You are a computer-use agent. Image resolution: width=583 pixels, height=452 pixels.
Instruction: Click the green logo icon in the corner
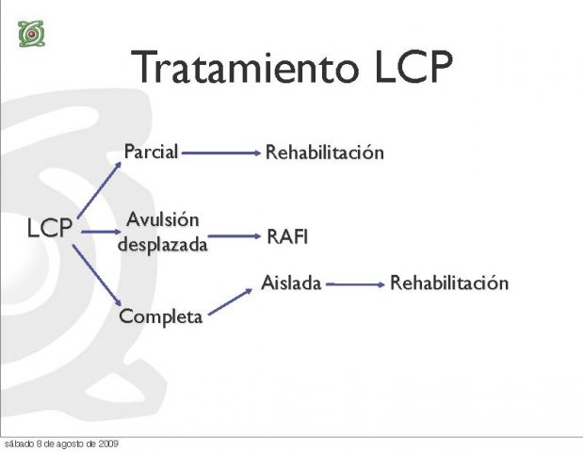click(32, 34)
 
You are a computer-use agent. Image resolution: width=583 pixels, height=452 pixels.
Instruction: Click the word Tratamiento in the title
click(245, 67)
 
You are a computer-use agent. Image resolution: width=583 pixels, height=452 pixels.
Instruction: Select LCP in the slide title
click(413, 67)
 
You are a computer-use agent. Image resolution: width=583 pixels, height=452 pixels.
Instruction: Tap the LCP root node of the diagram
click(50, 228)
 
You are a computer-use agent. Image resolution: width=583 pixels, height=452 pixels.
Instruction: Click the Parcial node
click(151, 152)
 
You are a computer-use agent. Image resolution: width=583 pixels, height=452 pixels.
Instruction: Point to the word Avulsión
click(163, 219)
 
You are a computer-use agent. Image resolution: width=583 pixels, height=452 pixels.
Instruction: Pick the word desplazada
click(163, 245)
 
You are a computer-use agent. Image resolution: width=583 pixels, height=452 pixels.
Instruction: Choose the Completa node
click(161, 316)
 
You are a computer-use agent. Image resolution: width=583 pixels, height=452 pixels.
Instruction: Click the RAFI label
click(287, 236)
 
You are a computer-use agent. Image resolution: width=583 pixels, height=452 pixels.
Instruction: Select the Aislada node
click(291, 282)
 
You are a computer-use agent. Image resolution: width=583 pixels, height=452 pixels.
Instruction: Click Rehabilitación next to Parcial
click(325, 153)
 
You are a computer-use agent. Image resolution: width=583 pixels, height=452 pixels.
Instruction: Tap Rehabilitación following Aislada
click(449, 282)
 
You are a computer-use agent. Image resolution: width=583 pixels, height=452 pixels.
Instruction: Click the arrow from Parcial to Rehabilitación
click(221, 153)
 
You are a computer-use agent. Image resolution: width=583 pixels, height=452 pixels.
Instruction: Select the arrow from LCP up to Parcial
click(99, 189)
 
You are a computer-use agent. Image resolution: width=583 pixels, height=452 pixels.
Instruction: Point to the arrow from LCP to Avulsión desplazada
click(101, 232)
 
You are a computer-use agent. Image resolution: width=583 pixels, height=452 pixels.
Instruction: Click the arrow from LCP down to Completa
click(97, 275)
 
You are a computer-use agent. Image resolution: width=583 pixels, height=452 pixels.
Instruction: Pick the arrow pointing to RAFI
click(235, 236)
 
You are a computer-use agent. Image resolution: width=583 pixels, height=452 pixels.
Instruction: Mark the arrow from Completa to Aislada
click(231, 301)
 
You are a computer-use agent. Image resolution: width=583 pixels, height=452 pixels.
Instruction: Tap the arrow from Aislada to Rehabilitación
click(355, 284)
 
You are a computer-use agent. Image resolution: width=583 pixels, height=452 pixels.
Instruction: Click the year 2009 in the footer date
click(108, 444)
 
